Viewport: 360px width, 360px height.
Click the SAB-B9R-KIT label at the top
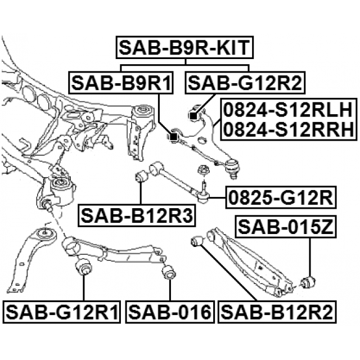pyautogui.click(x=184, y=47)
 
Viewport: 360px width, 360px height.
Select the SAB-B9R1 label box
pyautogui.click(x=121, y=83)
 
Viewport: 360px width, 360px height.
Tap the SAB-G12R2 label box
pyautogui.click(x=245, y=83)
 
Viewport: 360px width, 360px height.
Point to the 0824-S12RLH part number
pyautogui.click(x=288, y=110)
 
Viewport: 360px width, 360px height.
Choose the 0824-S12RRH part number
pyautogui.click(x=288, y=129)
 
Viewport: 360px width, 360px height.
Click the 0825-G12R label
pyautogui.click(x=281, y=197)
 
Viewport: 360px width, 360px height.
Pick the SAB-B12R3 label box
pyautogui.click(x=137, y=216)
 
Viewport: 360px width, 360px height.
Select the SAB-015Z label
pyautogui.click(x=285, y=227)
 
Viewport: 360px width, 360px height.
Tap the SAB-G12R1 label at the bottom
pyautogui.click(x=62, y=312)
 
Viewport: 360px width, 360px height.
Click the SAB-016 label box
pyautogui.click(x=170, y=312)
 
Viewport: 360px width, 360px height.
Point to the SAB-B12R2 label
pyautogui.click(x=277, y=312)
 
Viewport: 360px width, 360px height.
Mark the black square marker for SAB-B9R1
pyautogui.click(x=173, y=137)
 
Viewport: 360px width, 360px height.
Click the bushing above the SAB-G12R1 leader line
pyautogui.click(x=84, y=266)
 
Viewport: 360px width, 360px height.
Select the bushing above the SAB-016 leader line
pyautogui.click(x=169, y=272)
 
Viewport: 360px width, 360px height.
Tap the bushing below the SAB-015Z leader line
pyautogui.click(x=308, y=282)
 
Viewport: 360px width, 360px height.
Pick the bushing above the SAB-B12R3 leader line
pyautogui.click(x=141, y=176)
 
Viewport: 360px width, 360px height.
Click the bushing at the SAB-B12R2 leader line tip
pyautogui.click(x=197, y=241)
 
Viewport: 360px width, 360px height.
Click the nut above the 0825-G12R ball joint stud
pyautogui.click(x=202, y=170)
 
